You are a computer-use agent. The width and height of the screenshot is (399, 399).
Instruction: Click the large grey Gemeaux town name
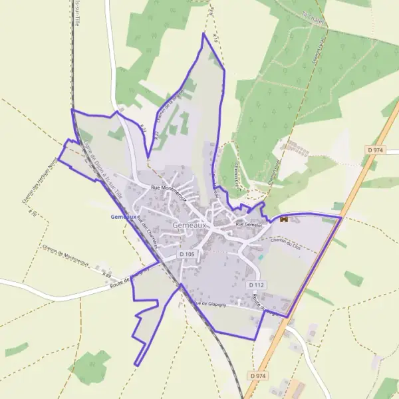[190, 225]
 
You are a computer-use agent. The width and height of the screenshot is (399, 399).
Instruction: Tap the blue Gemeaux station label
[124, 217]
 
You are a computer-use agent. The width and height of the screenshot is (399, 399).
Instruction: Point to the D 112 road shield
[257, 285]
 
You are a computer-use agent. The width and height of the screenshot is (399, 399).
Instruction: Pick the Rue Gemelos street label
[249, 225]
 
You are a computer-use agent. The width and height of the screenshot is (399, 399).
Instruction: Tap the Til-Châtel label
[312, 15]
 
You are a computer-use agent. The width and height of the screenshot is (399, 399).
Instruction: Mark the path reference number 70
[31, 213]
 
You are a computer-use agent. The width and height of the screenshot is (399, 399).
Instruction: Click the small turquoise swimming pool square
[260, 257]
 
